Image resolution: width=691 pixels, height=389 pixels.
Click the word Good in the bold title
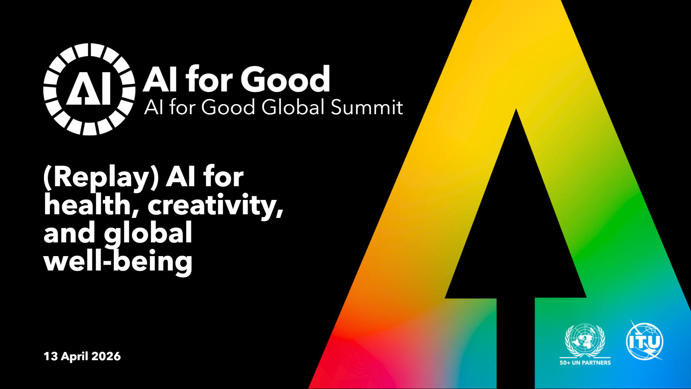pos(285,79)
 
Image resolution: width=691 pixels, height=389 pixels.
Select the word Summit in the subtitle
pos(367,107)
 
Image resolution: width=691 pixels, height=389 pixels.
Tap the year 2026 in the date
pos(106,356)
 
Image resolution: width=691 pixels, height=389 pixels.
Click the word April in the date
pos(74,357)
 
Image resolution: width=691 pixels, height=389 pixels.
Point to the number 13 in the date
pos(51,356)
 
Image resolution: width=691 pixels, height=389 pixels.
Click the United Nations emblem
pos(585,340)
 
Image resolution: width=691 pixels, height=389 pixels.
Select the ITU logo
pos(645,341)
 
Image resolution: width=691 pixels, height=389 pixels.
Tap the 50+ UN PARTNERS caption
pos(585,363)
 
